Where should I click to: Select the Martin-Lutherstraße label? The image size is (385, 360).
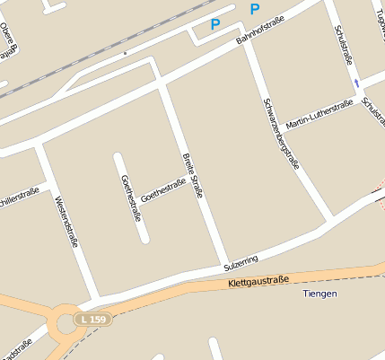pos(319,114)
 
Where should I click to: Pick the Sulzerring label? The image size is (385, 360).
pos(241,261)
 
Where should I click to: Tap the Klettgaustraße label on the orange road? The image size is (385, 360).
pos(258,281)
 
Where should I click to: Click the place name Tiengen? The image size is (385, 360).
pos(319,294)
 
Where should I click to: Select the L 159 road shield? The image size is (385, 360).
pos(92,319)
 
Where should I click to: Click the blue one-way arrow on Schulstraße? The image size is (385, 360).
pos(358,83)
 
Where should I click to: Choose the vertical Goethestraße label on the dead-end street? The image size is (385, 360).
pos(130,198)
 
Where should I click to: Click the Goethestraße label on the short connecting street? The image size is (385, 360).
pos(163,189)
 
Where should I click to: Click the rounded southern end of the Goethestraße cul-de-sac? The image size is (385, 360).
pos(143,239)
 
